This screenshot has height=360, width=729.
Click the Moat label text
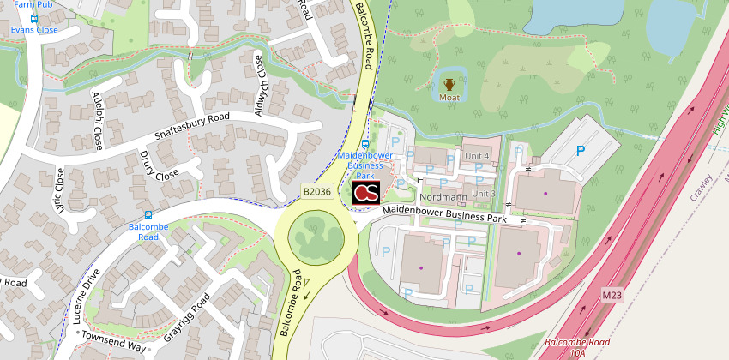coord(449,98)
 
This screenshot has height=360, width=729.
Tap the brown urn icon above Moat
coord(449,84)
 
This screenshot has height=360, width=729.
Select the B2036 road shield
coord(316,193)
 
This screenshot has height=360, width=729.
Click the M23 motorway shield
coord(612,296)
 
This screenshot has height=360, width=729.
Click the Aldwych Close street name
coord(260,86)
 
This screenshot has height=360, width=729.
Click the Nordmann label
coord(443,197)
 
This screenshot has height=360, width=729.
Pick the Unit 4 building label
coord(477,155)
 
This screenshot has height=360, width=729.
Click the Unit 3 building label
coord(484,194)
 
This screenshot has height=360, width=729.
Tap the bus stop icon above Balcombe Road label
coord(149,214)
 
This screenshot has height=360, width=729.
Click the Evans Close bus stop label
coord(34,29)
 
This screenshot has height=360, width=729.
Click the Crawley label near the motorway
coord(698,183)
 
